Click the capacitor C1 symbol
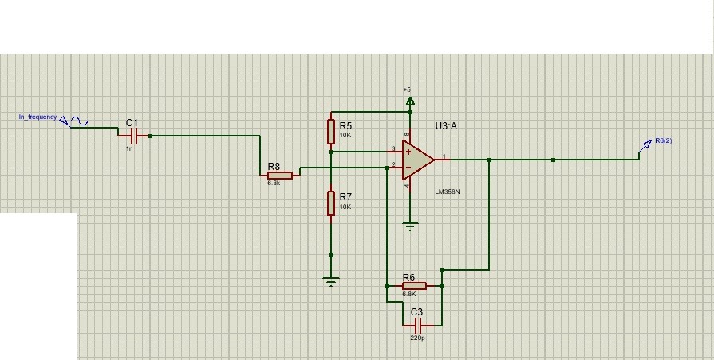[x=133, y=136]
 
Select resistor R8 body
[x=279, y=176]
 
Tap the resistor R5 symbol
[x=331, y=130]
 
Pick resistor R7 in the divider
[x=331, y=203]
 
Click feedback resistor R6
[x=414, y=286]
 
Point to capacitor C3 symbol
[x=416, y=325]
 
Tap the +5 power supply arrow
[x=410, y=101]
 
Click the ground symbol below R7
[x=331, y=281]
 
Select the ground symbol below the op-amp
[x=410, y=227]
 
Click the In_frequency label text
[x=37, y=117]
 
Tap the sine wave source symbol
[x=78, y=121]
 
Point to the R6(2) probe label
[x=663, y=141]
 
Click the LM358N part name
[x=447, y=192]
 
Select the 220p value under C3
[x=417, y=338]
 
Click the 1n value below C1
[x=129, y=149]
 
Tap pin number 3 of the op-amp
[x=393, y=148]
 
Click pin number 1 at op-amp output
[x=444, y=156]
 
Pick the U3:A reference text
[x=447, y=126]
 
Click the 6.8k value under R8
[x=274, y=184]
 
